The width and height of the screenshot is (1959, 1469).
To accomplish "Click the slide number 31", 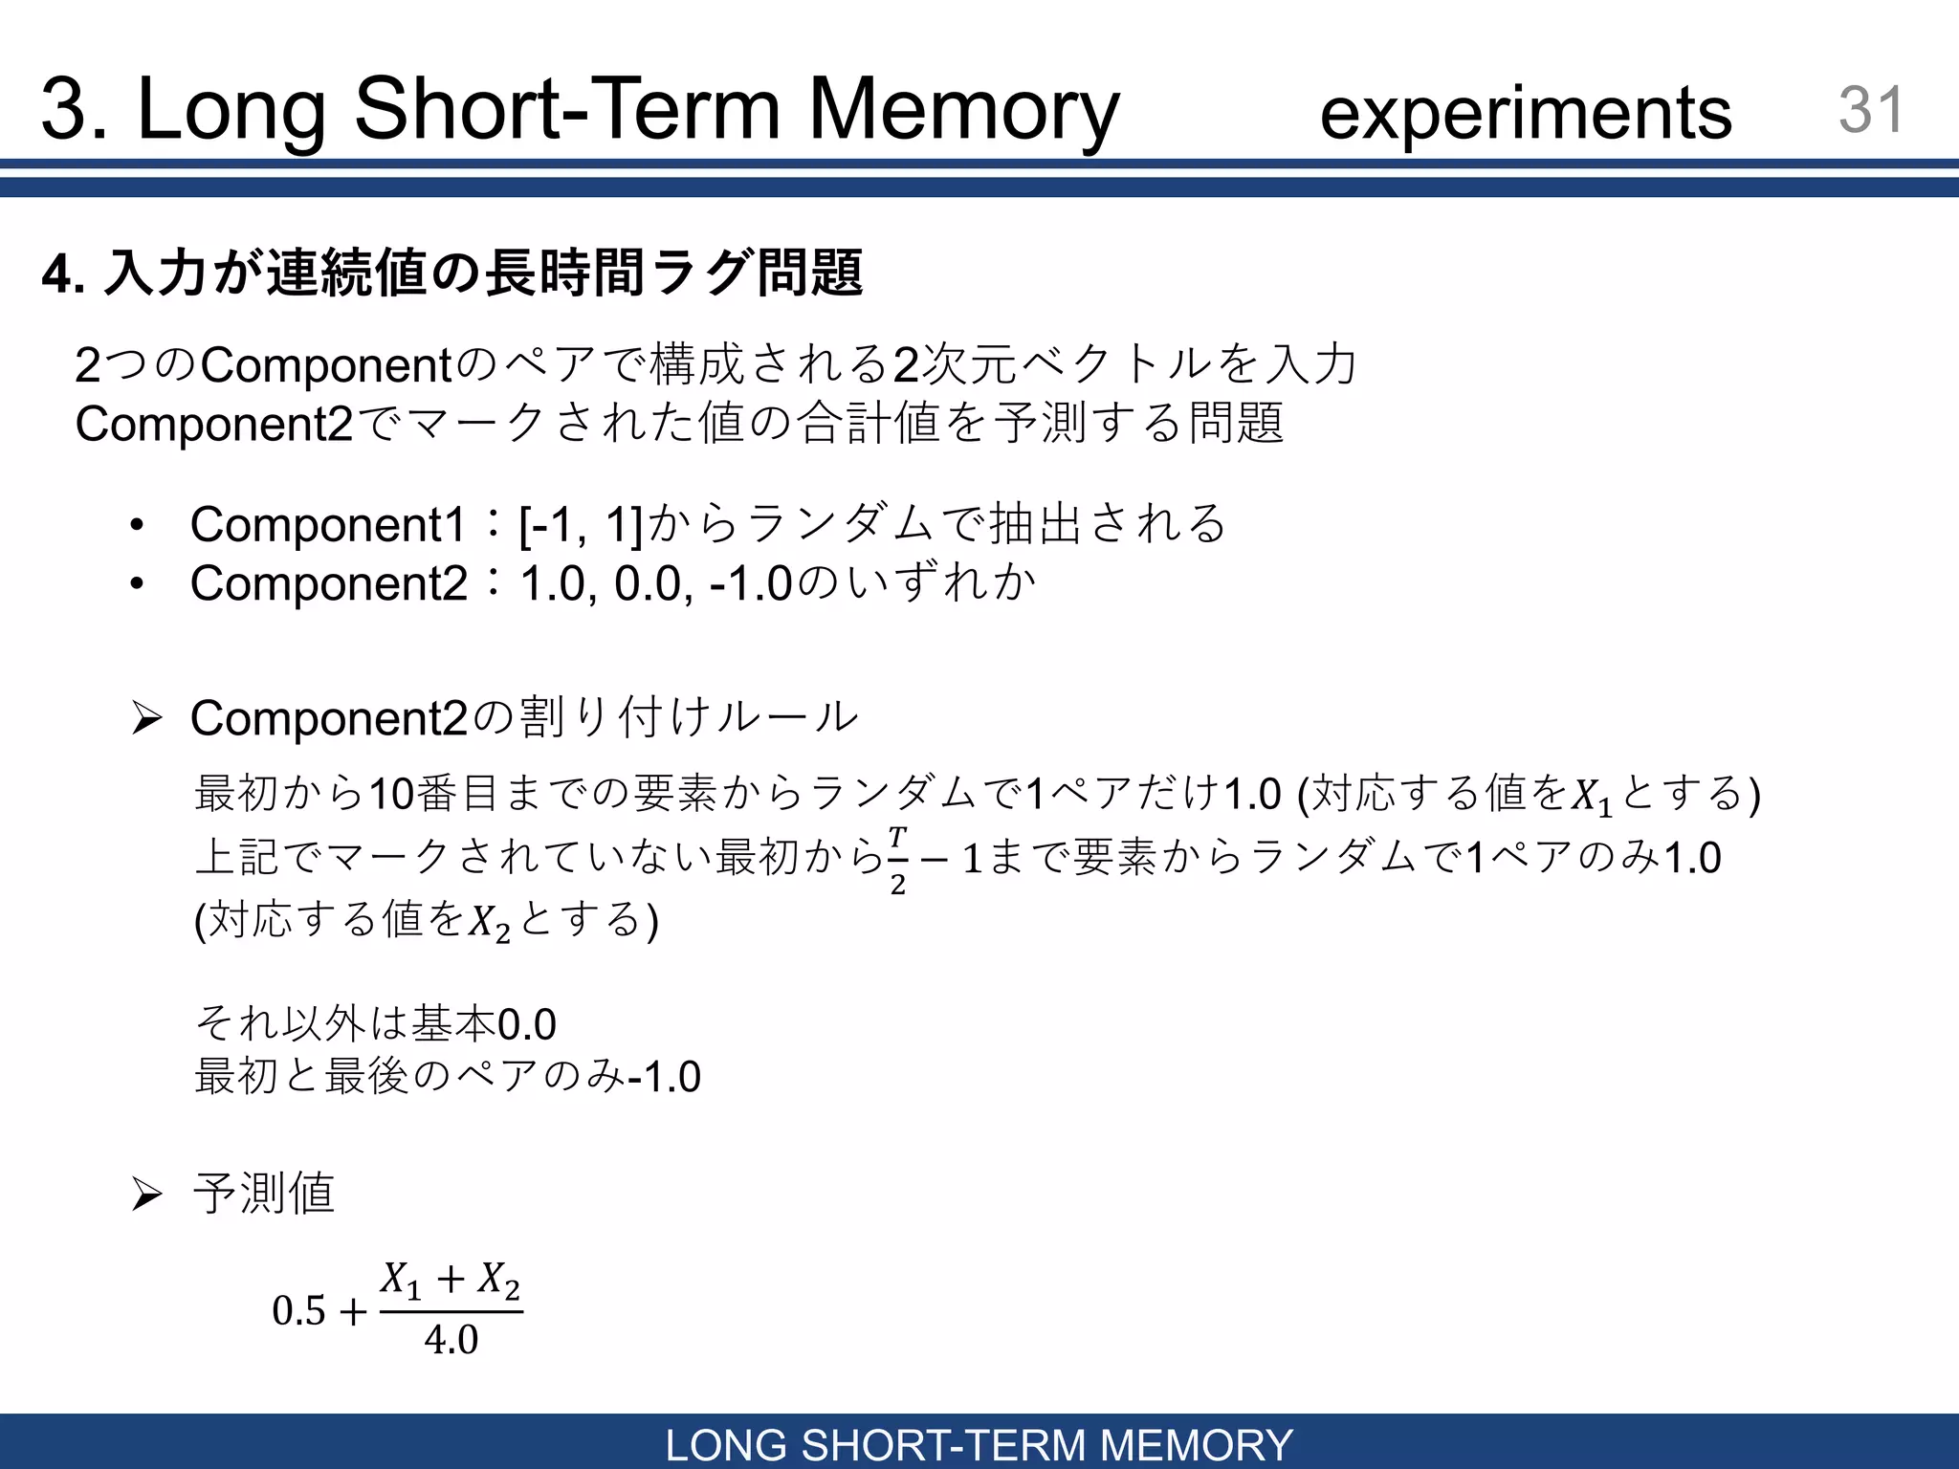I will pos(1871,109).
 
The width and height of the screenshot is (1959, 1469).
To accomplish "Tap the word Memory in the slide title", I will pos(963,109).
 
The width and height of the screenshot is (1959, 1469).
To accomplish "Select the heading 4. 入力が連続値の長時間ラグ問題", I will pos(452,274).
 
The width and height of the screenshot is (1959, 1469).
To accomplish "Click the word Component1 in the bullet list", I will pos(328,524).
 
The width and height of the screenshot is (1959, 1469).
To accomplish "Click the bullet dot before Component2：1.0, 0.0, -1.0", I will pos(138,583).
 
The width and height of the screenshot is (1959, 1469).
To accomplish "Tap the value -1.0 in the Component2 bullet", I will pos(751,583).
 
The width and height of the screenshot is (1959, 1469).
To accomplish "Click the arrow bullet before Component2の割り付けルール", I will pos(146,717).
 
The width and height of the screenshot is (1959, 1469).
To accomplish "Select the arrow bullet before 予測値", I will pos(146,1194).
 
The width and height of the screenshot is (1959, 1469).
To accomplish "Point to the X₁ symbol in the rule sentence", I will pos(1592,797).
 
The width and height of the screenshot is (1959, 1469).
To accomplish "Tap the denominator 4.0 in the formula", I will pos(451,1340).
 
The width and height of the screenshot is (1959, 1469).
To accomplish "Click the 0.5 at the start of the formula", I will pos(298,1311).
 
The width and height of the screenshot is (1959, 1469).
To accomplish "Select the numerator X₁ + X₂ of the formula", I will pos(451,1281).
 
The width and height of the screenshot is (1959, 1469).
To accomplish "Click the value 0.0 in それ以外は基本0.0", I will pos(527,1025).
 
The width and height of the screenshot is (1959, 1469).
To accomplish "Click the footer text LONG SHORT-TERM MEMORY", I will pos(979,1444).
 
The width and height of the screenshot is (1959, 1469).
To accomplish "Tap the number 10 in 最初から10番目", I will pos(391,794).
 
